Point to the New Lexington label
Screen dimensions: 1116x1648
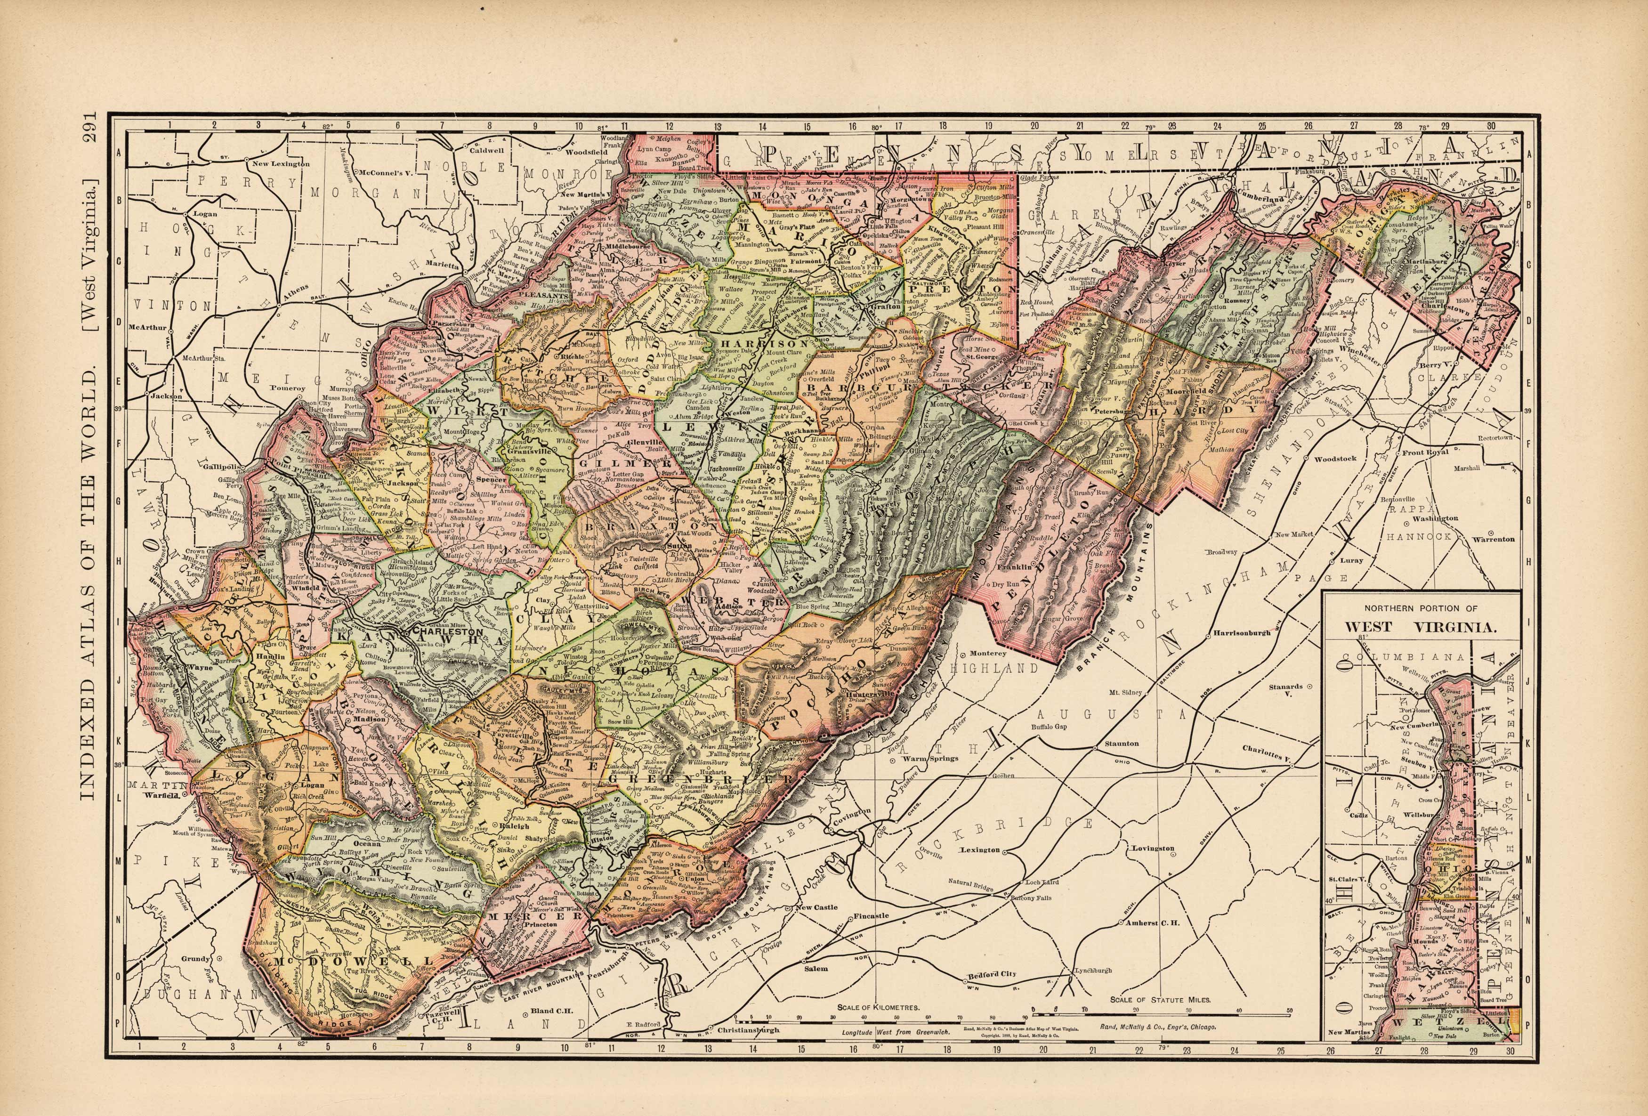(x=282, y=164)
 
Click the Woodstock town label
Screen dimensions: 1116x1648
(x=1335, y=459)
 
